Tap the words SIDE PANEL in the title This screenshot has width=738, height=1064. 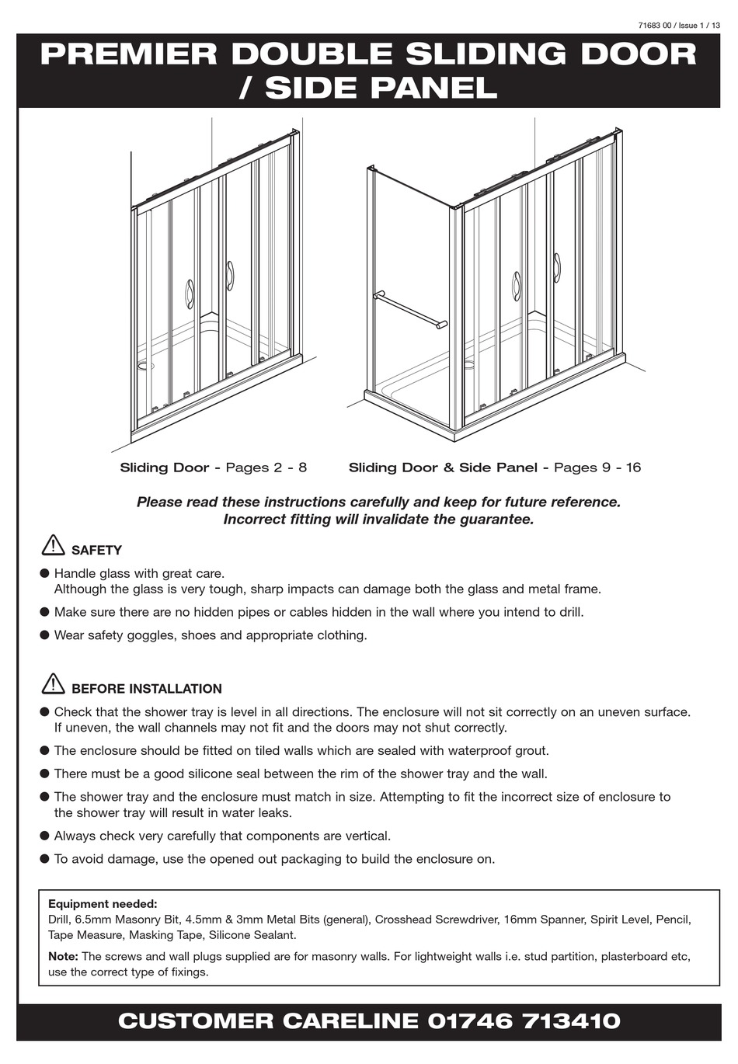click(381, 89)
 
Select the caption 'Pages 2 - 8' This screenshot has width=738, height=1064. click(266, 468)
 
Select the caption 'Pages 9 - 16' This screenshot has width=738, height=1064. click(597, 468)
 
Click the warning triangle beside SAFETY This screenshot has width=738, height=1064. click(53, 545)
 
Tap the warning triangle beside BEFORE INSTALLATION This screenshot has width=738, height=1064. click(53, 683)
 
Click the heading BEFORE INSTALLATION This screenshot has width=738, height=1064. click(146, 689)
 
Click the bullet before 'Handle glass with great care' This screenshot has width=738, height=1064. click(44, 574)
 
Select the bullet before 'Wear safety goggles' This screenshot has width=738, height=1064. click(44, 635)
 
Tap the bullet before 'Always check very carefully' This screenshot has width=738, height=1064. click(44, 836)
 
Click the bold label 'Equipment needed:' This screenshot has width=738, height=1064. click(103, 904)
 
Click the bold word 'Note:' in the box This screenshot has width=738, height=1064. click(63, 957)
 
